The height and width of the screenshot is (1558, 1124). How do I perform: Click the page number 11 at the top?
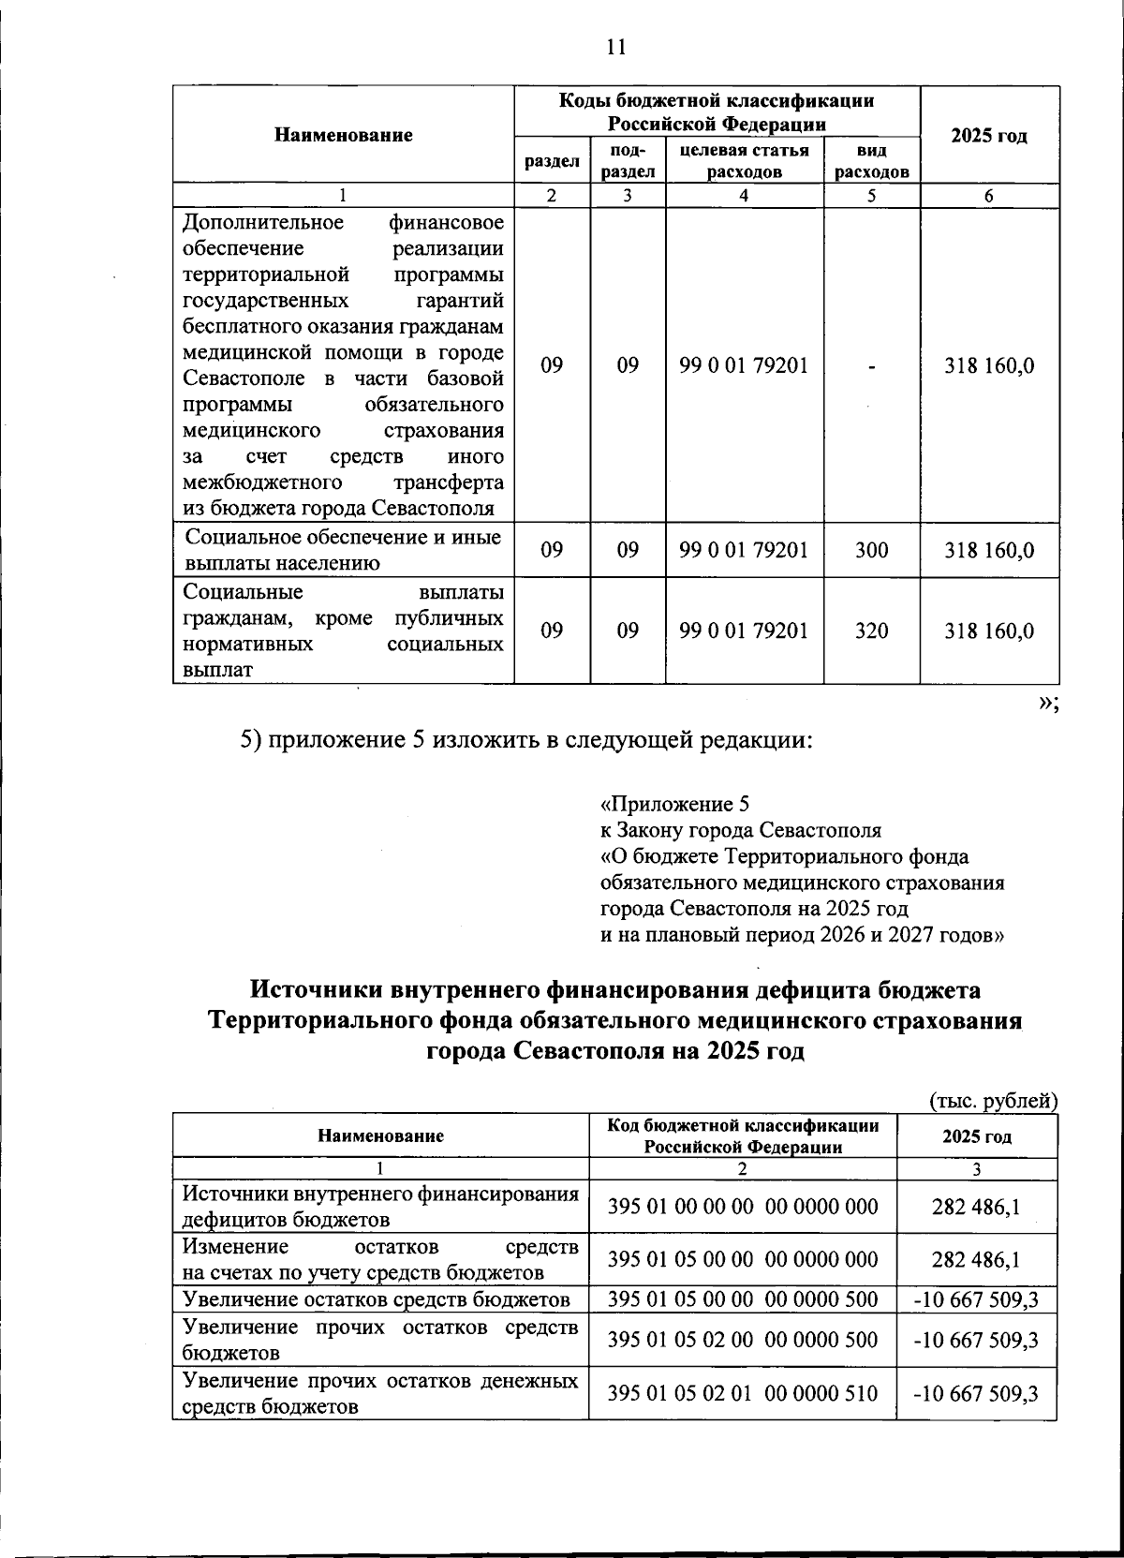pos(615,48)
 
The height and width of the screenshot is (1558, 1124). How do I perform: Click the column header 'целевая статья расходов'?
pos(745,160)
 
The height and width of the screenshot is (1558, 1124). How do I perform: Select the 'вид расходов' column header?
pos(872,160)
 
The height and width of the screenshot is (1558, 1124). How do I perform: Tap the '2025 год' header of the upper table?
pos(989,136)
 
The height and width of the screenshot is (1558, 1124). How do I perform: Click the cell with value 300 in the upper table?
pos(872,550)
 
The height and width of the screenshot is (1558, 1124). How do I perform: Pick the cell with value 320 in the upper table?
pos(872,631)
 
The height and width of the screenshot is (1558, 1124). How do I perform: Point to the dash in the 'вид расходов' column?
pos(872,366)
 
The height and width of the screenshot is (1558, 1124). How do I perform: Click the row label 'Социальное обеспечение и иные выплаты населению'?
pos(343,550)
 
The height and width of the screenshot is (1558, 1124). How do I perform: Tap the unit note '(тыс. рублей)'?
pos(993,1101)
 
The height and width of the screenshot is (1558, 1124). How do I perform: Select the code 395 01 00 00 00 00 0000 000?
pos(743,1208)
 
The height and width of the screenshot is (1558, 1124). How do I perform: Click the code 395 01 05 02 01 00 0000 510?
pos(743,1393)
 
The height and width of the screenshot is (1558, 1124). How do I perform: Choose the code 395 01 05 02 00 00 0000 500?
pos(743,1340)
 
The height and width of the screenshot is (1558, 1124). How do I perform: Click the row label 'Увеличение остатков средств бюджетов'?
pos(377,1299)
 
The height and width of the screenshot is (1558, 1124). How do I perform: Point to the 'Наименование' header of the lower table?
pos(380,1135)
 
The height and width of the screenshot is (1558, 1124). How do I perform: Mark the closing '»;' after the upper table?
pos(1048,705)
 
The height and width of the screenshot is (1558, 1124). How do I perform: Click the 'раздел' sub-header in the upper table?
pos(552,161)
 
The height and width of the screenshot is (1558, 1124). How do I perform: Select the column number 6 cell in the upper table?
pos(989,196)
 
